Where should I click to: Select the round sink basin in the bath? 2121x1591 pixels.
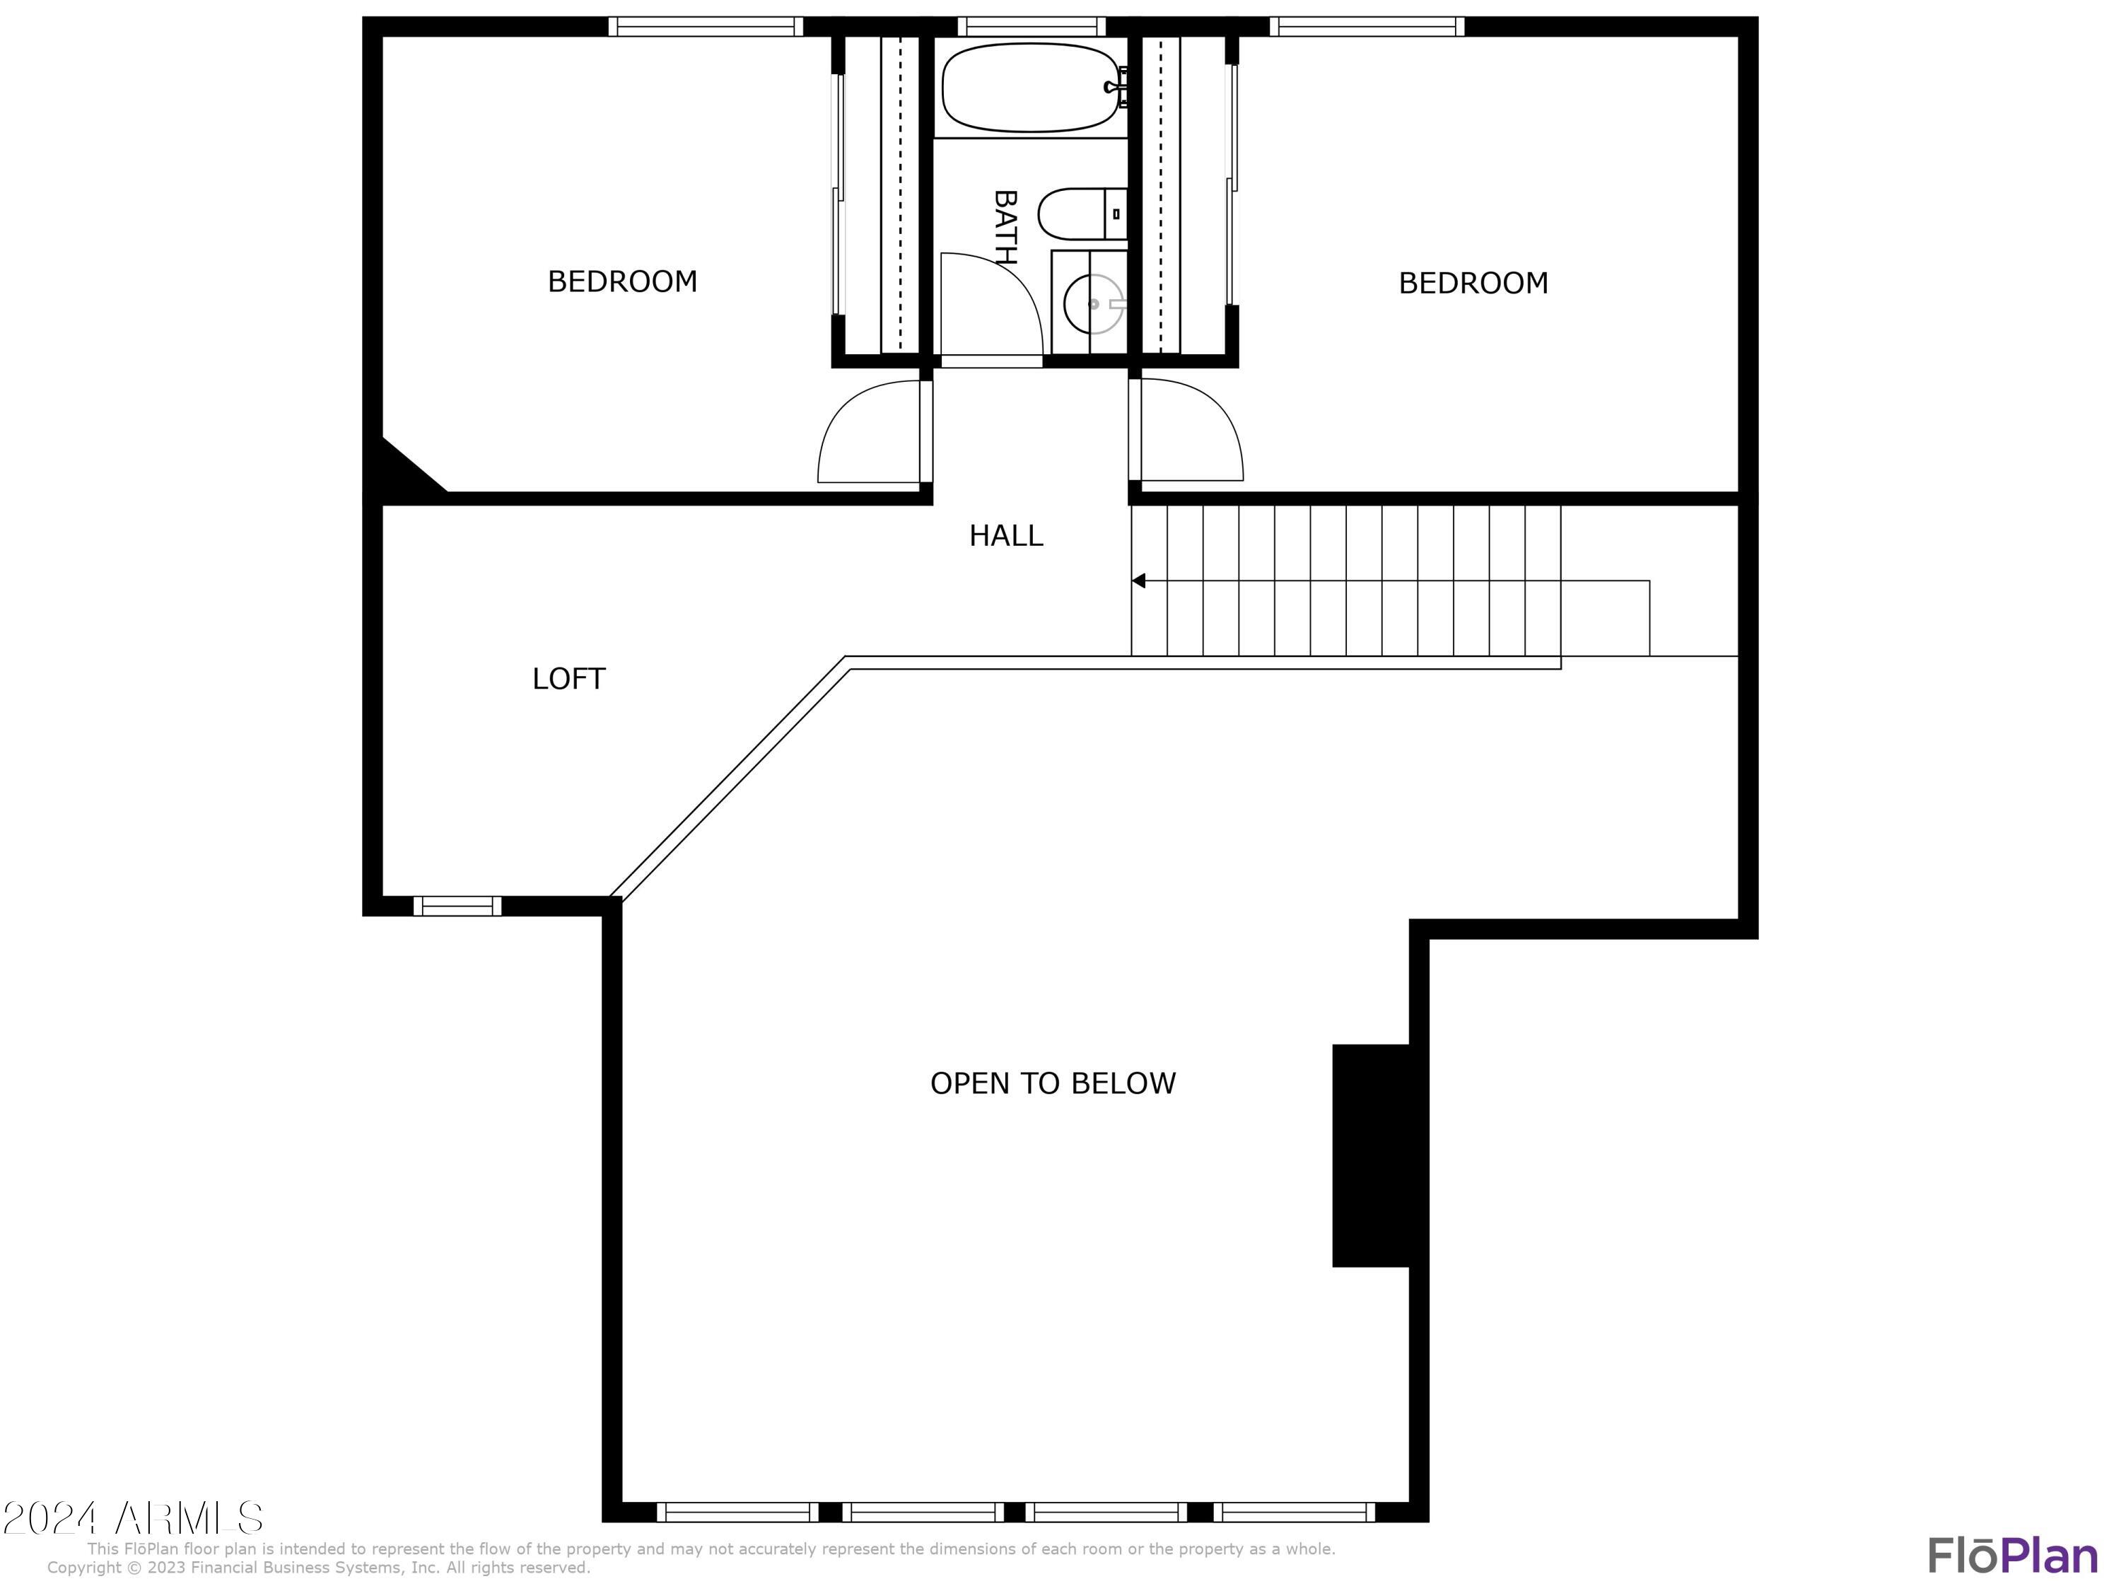pyautogui.click(x=1093, y=304)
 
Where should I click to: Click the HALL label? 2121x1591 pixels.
pyautogui.click(x=1006, y=535)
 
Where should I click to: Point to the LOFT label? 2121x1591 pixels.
pyautogui.click(x=568, y=679)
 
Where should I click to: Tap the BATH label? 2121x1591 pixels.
pyautogui.click(x=1004, y=227)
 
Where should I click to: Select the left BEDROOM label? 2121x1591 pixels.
pyautogui.click(x=622, y=281)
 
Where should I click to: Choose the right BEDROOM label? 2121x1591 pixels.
pyautogui.click(x=1473, y=283)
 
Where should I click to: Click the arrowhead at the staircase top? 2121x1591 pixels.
pyautogui.click(x=1138, y=581)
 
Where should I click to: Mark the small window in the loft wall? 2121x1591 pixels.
pyautogui.click(x=457, y=905)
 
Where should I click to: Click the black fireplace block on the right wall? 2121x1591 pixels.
pyautogui.click(x=1371, y=1155)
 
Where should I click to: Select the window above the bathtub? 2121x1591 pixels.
pyautogui.click(x=1031, y=27)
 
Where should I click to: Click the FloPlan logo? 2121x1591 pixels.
pyautogui.click(x=2011, y=1556)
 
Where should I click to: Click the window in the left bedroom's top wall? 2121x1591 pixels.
pyautogui.click(x=705, y=27)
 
